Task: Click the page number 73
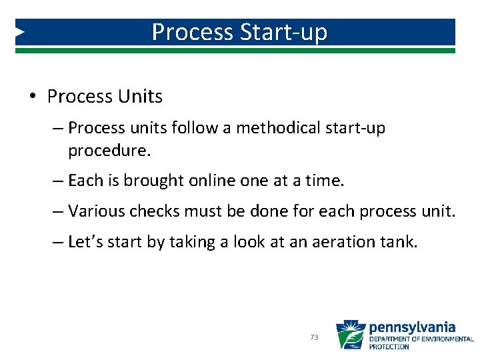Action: point(314,338)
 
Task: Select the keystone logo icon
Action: point(350,335)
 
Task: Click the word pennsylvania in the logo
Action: point(412,327)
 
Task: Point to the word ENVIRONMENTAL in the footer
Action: point(448,339)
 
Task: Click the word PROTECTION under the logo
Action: point(389,347)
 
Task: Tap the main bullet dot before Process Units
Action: point(33,97)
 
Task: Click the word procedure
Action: point(109,150)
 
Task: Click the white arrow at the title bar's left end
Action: point(20,31)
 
